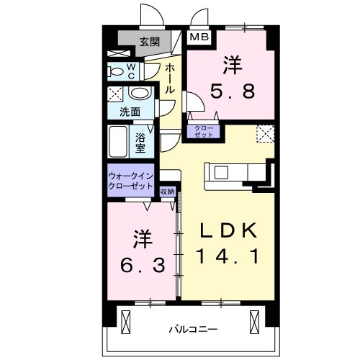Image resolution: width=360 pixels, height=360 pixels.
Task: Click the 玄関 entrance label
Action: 150,41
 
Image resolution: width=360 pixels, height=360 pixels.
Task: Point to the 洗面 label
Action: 130,112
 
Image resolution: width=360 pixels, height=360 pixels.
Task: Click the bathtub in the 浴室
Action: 118,145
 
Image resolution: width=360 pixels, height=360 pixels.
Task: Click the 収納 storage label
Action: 166,191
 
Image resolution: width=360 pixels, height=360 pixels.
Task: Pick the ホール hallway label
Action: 170,79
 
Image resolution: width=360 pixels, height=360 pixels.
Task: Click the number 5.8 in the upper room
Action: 232,92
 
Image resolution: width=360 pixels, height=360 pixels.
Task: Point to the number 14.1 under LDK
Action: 227,255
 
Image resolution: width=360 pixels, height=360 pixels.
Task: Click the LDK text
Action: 227,230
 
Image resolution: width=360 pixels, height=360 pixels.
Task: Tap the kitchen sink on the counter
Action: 220,173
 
